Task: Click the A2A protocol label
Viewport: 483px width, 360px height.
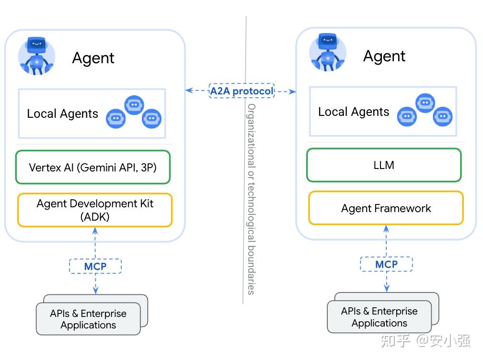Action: point(241,90)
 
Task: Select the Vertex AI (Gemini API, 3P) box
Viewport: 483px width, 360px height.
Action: point(93,168)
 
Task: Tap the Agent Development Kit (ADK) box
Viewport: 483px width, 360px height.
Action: point(95,210)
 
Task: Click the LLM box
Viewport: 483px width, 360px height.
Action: point(384,165)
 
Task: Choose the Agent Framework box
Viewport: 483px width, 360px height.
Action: point(386,208)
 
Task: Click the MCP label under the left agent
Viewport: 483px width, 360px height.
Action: point(95,266)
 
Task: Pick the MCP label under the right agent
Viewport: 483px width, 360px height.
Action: point(386,264)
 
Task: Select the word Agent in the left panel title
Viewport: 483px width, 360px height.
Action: point(93,58)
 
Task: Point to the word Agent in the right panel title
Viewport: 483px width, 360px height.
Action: point(384,56)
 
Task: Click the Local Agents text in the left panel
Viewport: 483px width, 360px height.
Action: point(62,114)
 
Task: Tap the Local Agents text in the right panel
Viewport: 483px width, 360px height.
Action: point(354,112)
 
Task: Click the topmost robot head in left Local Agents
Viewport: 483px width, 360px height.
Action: point(134,104)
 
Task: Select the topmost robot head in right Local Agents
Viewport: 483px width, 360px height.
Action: point(425,102)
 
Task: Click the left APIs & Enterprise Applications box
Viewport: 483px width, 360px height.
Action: point(88,319)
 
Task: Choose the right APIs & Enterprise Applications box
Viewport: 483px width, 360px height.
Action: point(379,317)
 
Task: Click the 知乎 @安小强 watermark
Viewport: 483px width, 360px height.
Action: point(425,340)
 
